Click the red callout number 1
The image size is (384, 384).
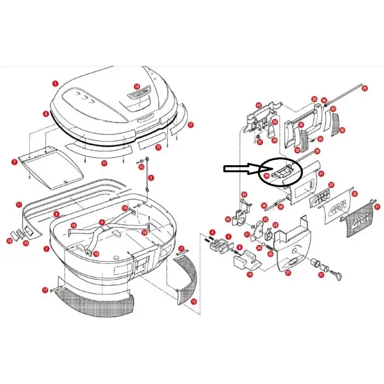click(55, 83)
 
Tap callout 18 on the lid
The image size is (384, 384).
click(137, 87)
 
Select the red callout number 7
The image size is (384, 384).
click(15, 162)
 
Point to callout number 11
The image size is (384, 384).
click(19, 205)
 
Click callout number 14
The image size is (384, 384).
click(9, 240)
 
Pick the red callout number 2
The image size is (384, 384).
click(47, 249)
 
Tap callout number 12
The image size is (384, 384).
click(193, 301)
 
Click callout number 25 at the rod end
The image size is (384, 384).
click(364, 87)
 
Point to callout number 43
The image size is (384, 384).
click(258, 105)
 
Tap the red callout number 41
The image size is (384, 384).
click(323, 173)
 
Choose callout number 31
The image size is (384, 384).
click(377, 207)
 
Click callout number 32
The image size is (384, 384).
click(354, 194)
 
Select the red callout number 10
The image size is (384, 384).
click(250, 274)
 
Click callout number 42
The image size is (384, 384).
click(228, 219)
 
